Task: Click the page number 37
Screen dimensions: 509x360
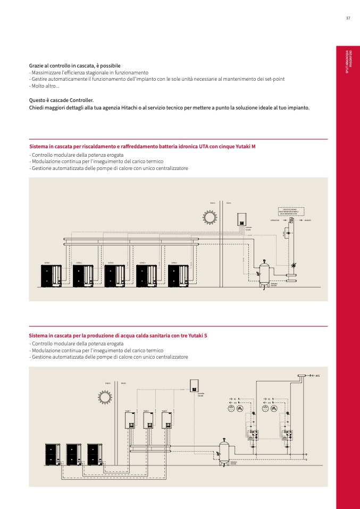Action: point(348,18)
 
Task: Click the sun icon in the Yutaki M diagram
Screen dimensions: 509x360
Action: point(209,217)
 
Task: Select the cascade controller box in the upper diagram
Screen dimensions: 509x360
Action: point(241,218)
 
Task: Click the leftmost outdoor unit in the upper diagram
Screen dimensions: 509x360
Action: point(51,276)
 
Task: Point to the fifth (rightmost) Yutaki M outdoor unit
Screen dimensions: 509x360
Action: point(178,276)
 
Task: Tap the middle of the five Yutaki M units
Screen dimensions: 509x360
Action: point(114,276)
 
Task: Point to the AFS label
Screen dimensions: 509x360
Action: point(317,376)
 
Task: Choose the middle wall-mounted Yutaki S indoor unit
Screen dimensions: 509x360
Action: point(148,420)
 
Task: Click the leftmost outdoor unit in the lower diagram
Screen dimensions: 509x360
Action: point(52,455)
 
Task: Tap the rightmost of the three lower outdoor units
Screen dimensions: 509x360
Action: point(95,455)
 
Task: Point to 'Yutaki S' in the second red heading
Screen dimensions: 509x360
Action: point(198,336)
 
